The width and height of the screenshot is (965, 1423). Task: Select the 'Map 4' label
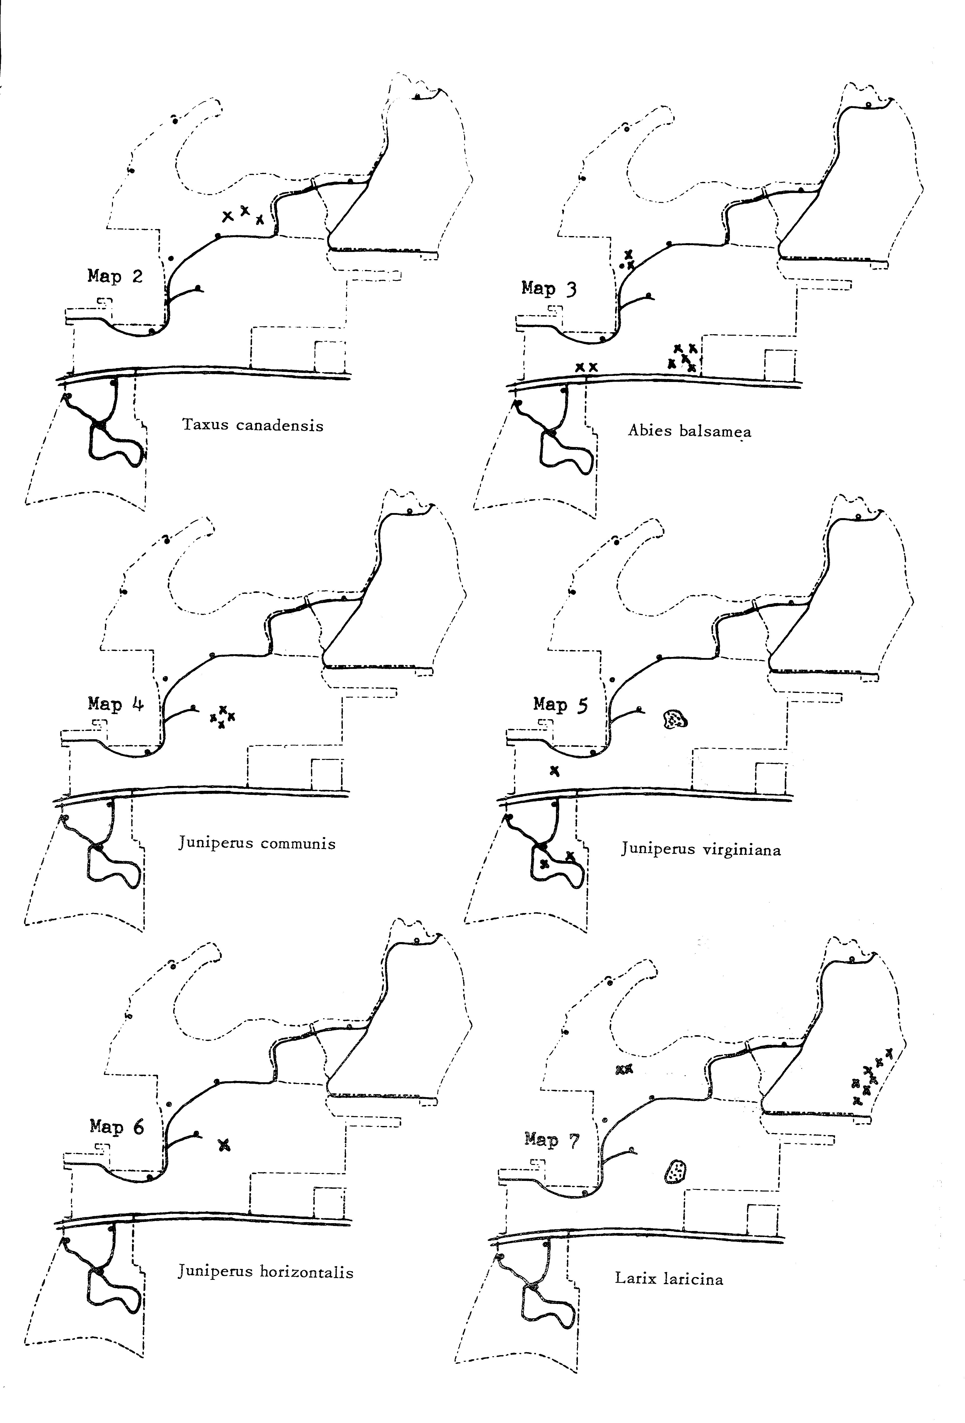coord(116,704)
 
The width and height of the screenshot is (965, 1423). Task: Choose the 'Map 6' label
coord(117,1127)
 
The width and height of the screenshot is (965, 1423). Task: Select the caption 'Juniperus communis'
coord(257,844)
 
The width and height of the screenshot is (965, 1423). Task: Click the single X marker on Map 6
coord(225,1144)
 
